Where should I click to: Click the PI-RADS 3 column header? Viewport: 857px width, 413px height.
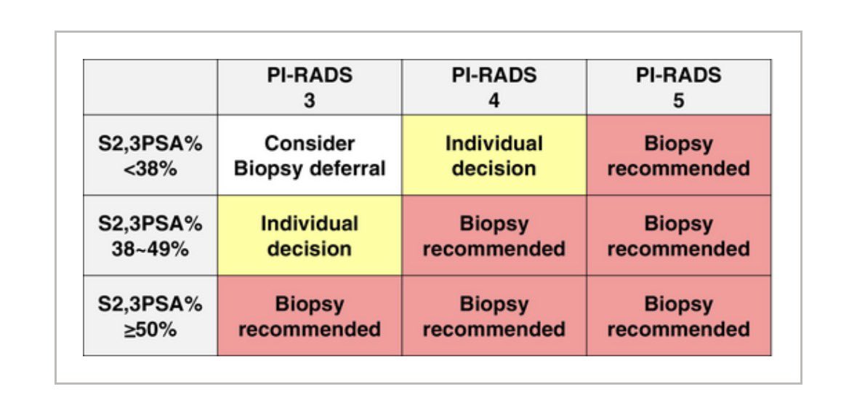click(309, 87)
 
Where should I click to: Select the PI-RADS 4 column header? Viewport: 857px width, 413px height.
click(494, 87)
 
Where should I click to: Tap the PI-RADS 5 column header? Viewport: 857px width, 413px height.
click(678, 87)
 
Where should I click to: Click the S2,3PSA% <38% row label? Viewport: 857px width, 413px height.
click(150, 155)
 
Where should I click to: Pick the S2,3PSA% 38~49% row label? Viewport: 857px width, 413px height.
click(150, 236)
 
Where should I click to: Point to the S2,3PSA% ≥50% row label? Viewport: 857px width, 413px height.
click(150, 316)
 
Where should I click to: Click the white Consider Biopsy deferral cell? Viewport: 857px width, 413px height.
click(309, 155)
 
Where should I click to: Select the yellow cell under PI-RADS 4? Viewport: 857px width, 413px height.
click(494, 155)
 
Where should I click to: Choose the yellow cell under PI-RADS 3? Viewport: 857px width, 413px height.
click(309, 236)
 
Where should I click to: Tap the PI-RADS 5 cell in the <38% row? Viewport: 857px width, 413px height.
click(678, 155)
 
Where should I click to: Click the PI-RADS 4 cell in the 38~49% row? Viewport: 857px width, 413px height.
click(494, 236)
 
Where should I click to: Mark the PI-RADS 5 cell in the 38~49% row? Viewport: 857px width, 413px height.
click(678, 236)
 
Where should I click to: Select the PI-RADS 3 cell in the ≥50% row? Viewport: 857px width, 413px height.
click(309, 316)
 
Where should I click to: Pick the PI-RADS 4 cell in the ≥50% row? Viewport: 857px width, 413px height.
click(494, 316)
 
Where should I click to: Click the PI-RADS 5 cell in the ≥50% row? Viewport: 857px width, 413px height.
click(678, 316)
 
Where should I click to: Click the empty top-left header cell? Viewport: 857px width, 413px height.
click(150, 87)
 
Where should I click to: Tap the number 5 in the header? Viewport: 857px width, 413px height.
click(678, 100)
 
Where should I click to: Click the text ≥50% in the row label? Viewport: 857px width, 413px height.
click(150, 329)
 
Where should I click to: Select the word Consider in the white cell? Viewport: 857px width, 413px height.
click(309, 143)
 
